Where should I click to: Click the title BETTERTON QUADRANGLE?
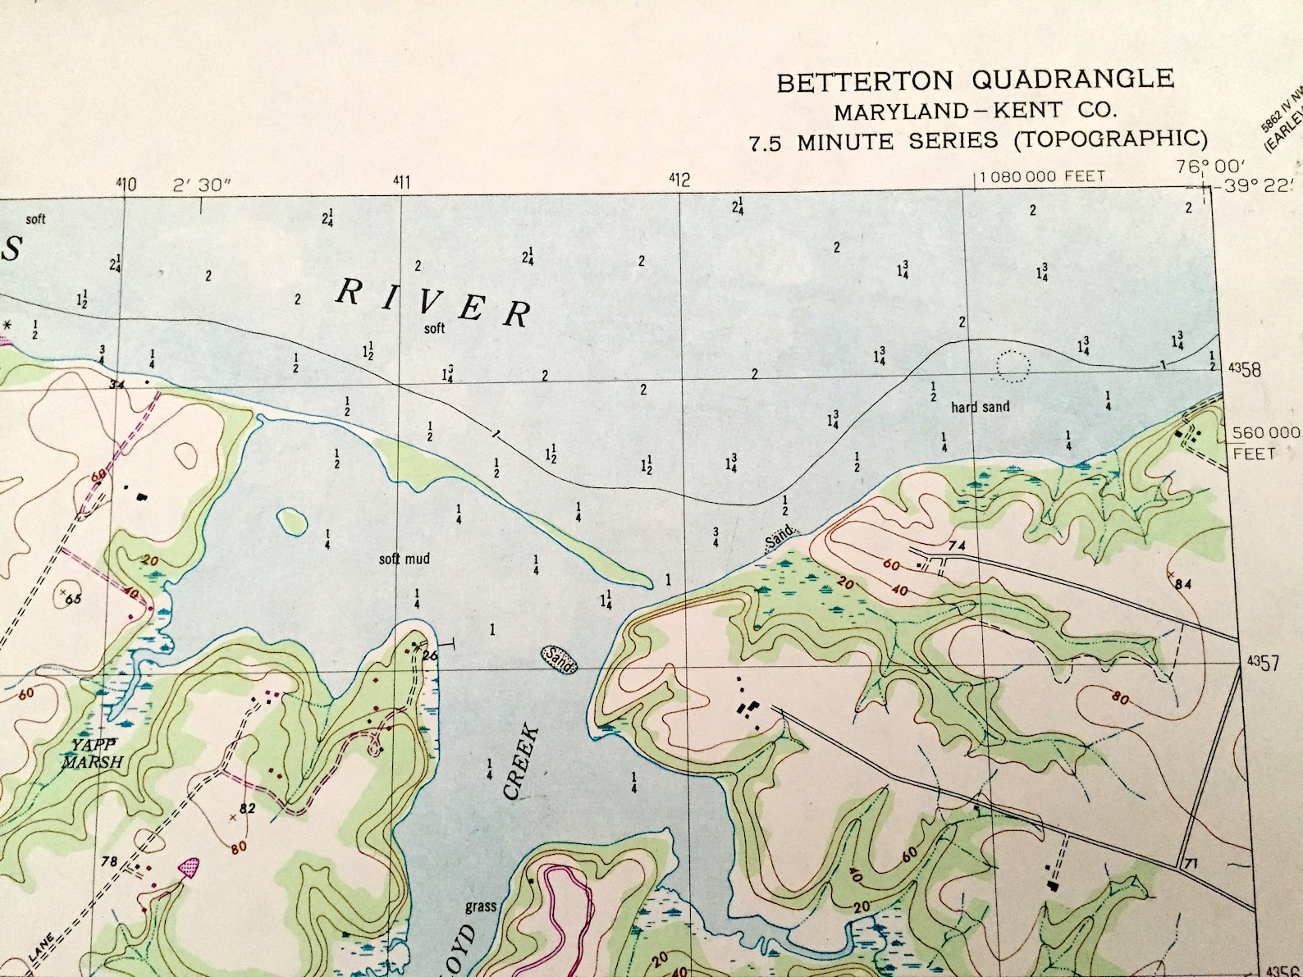click(975, 80)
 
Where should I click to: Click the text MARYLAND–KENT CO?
click(975, 110)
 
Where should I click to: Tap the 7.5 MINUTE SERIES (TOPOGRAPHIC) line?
click(978, 140)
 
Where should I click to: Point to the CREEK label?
click(522, 761)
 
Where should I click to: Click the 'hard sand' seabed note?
click(980, 407)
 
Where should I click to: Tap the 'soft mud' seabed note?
click(404, 559)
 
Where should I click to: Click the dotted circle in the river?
click(1013, 366)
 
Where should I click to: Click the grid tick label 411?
click(401, 182)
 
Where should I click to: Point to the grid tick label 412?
click(679, 179)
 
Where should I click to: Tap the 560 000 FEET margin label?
click(1264, 442)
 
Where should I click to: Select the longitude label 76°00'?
click(1209, 167)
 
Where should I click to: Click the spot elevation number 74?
click(956, 546)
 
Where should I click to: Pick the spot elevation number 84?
click(1182, 584)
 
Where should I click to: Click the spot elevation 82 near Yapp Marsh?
click(247, 808)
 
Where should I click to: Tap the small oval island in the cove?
click(292, 518)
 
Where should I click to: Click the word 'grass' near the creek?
click(481, 906)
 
